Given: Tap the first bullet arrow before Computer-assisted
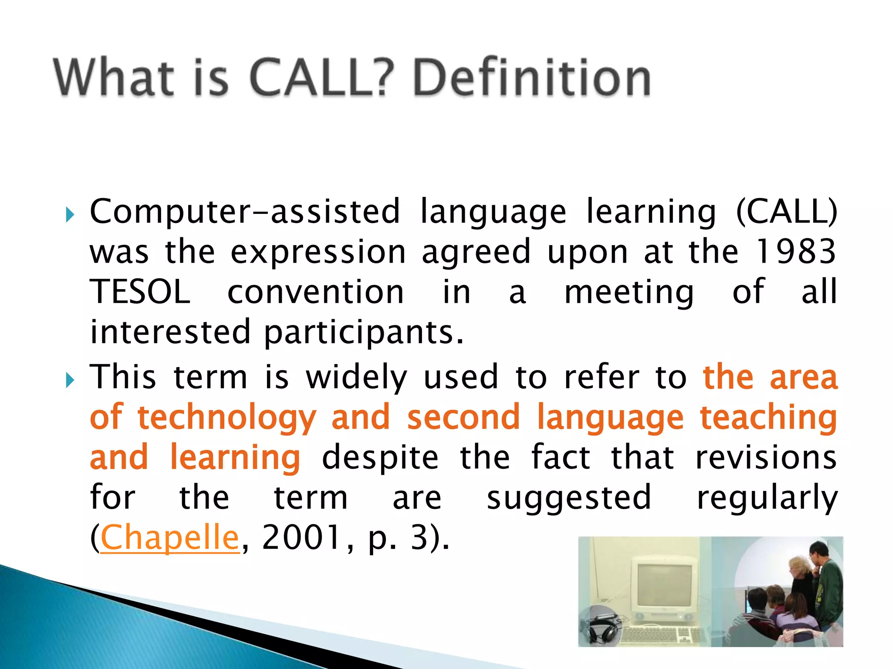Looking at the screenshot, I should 70,214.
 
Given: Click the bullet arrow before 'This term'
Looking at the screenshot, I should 70,380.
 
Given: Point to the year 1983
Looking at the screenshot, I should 795,252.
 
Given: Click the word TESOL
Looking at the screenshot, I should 140,292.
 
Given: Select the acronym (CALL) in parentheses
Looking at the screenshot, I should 787,212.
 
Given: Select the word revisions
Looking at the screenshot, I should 766,457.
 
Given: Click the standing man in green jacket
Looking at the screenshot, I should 827,588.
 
